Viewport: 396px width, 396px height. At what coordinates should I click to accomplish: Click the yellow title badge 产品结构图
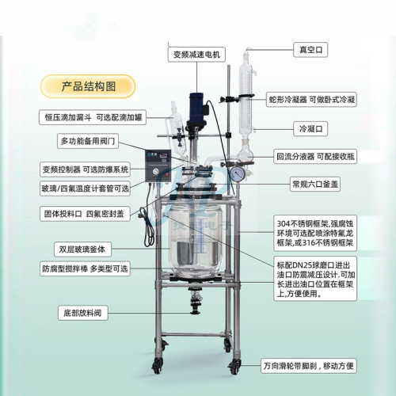click(88, 86)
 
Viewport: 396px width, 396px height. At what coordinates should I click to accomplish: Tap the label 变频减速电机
click(196, 55)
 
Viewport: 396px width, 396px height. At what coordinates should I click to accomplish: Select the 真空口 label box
click(310, 50)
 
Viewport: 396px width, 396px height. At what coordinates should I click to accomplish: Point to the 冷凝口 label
click(310, 129)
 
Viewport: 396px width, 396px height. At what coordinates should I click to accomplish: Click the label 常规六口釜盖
click(315, 184)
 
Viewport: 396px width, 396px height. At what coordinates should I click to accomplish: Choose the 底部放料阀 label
click(83, 313)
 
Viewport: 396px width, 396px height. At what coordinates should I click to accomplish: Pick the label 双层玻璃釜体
click(82, 249)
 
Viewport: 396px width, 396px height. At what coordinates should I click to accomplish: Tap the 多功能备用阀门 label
click(88, 141)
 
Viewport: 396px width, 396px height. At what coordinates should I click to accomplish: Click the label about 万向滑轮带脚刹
click(308, 366)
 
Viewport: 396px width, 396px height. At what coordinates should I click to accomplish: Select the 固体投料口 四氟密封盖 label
click(85, 214)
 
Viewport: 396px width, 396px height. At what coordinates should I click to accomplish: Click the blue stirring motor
click(196, 109)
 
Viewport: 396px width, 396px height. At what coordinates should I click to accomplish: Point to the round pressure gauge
click(237, 174)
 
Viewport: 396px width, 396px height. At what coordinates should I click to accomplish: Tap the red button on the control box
click(166, 174)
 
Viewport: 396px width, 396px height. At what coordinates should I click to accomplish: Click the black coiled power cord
click(148, 227)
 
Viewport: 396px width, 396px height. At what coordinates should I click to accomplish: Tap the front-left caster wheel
click(157, 366)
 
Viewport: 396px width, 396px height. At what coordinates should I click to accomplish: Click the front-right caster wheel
click(234, 367)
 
